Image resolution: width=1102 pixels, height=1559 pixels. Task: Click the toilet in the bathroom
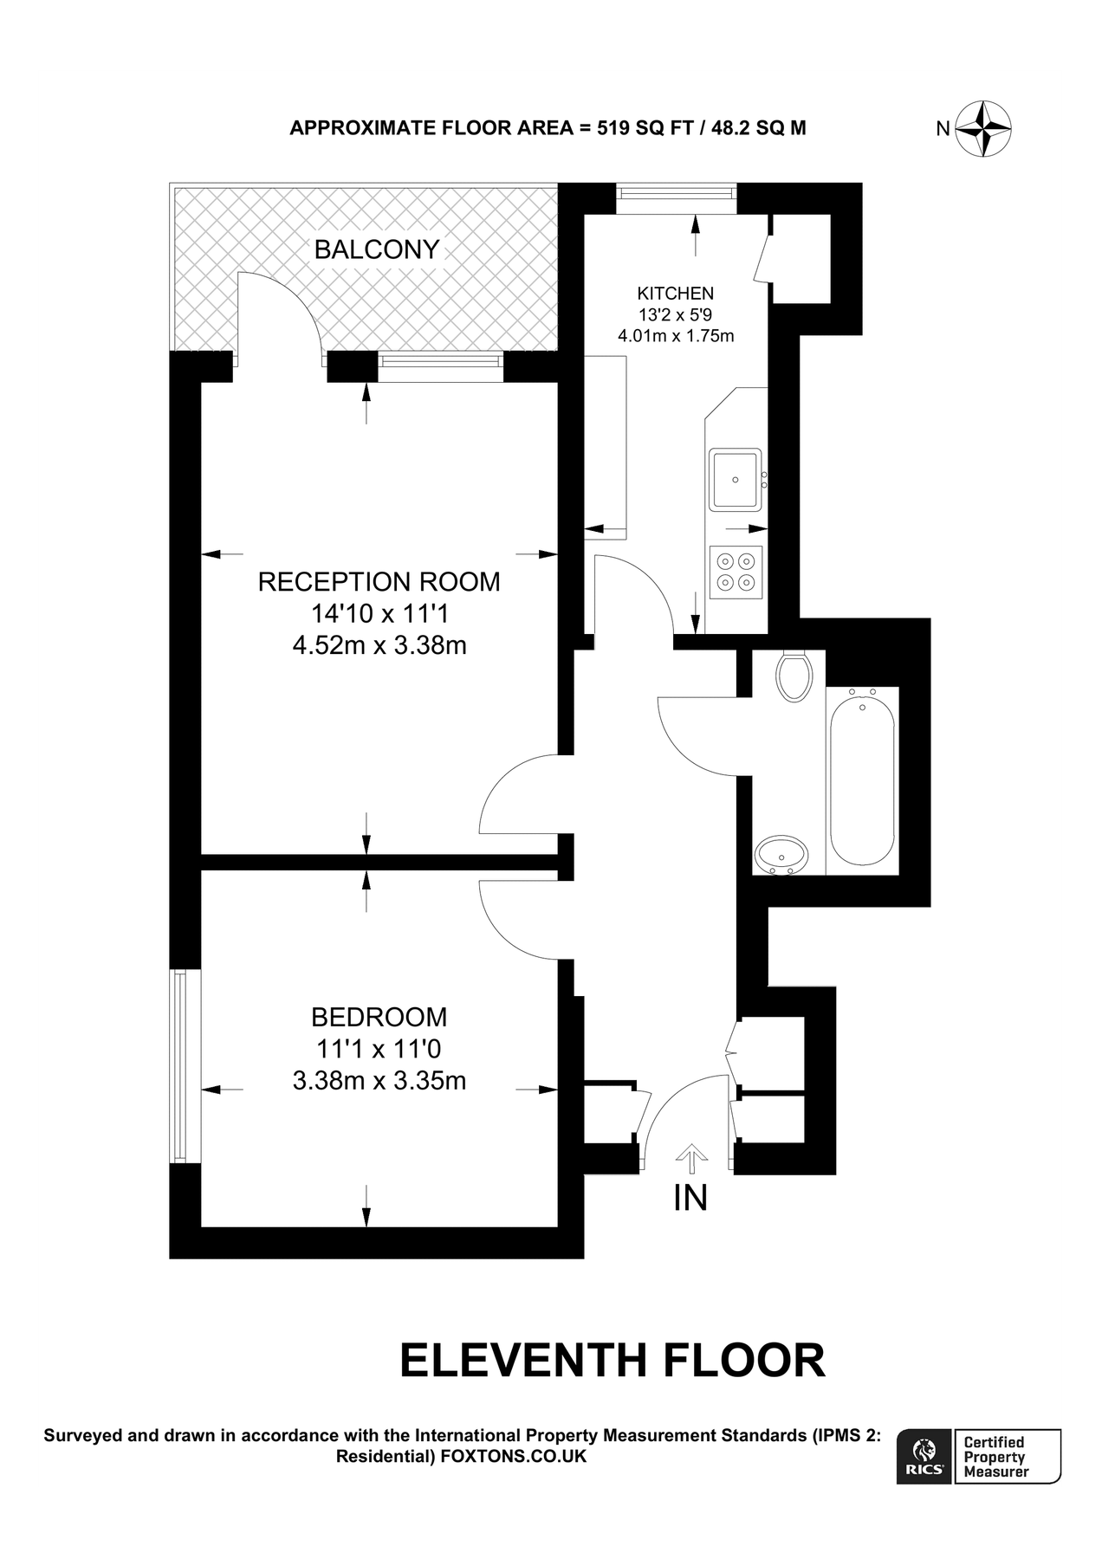(795, 676)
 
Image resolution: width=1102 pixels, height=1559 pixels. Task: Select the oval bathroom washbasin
(781, 855)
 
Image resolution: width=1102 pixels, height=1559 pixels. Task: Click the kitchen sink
(736, 479)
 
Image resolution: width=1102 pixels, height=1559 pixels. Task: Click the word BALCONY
(377, 249)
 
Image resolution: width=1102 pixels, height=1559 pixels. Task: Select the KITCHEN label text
(676, 294)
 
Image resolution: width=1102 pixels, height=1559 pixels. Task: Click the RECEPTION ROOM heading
(379, 581)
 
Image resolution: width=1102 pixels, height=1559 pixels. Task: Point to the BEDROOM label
(379, 1016)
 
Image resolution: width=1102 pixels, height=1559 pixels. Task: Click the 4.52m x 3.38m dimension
(379, 645)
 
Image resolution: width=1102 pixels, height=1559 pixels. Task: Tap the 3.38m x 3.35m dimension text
(379, 1080)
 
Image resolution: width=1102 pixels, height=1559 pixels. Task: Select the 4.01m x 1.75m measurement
(676, 336)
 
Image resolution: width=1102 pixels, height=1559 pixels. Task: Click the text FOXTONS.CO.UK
(514, 1457)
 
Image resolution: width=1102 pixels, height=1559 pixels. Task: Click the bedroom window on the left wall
(179, 1066)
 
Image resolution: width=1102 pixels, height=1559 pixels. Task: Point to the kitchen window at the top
(677, 199)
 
